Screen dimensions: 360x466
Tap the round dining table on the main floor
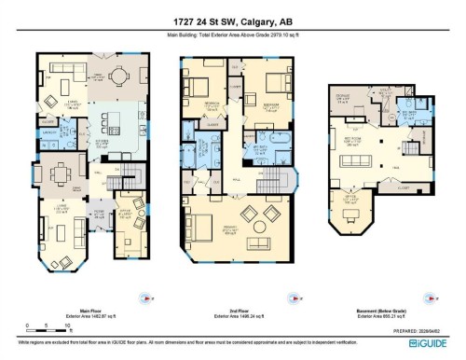coord(121,76)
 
